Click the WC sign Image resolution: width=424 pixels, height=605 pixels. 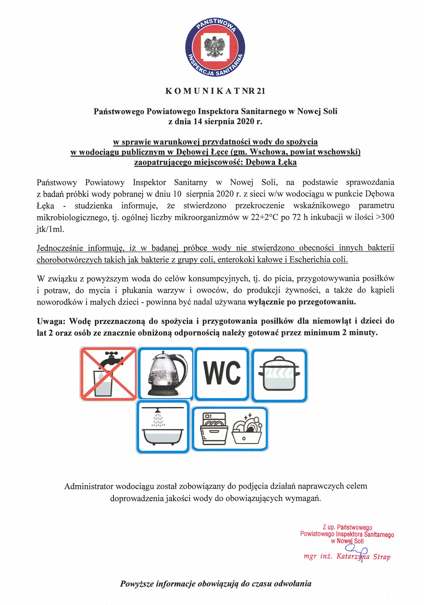point(222,373)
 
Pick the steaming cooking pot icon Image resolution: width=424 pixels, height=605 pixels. point(279,374)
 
